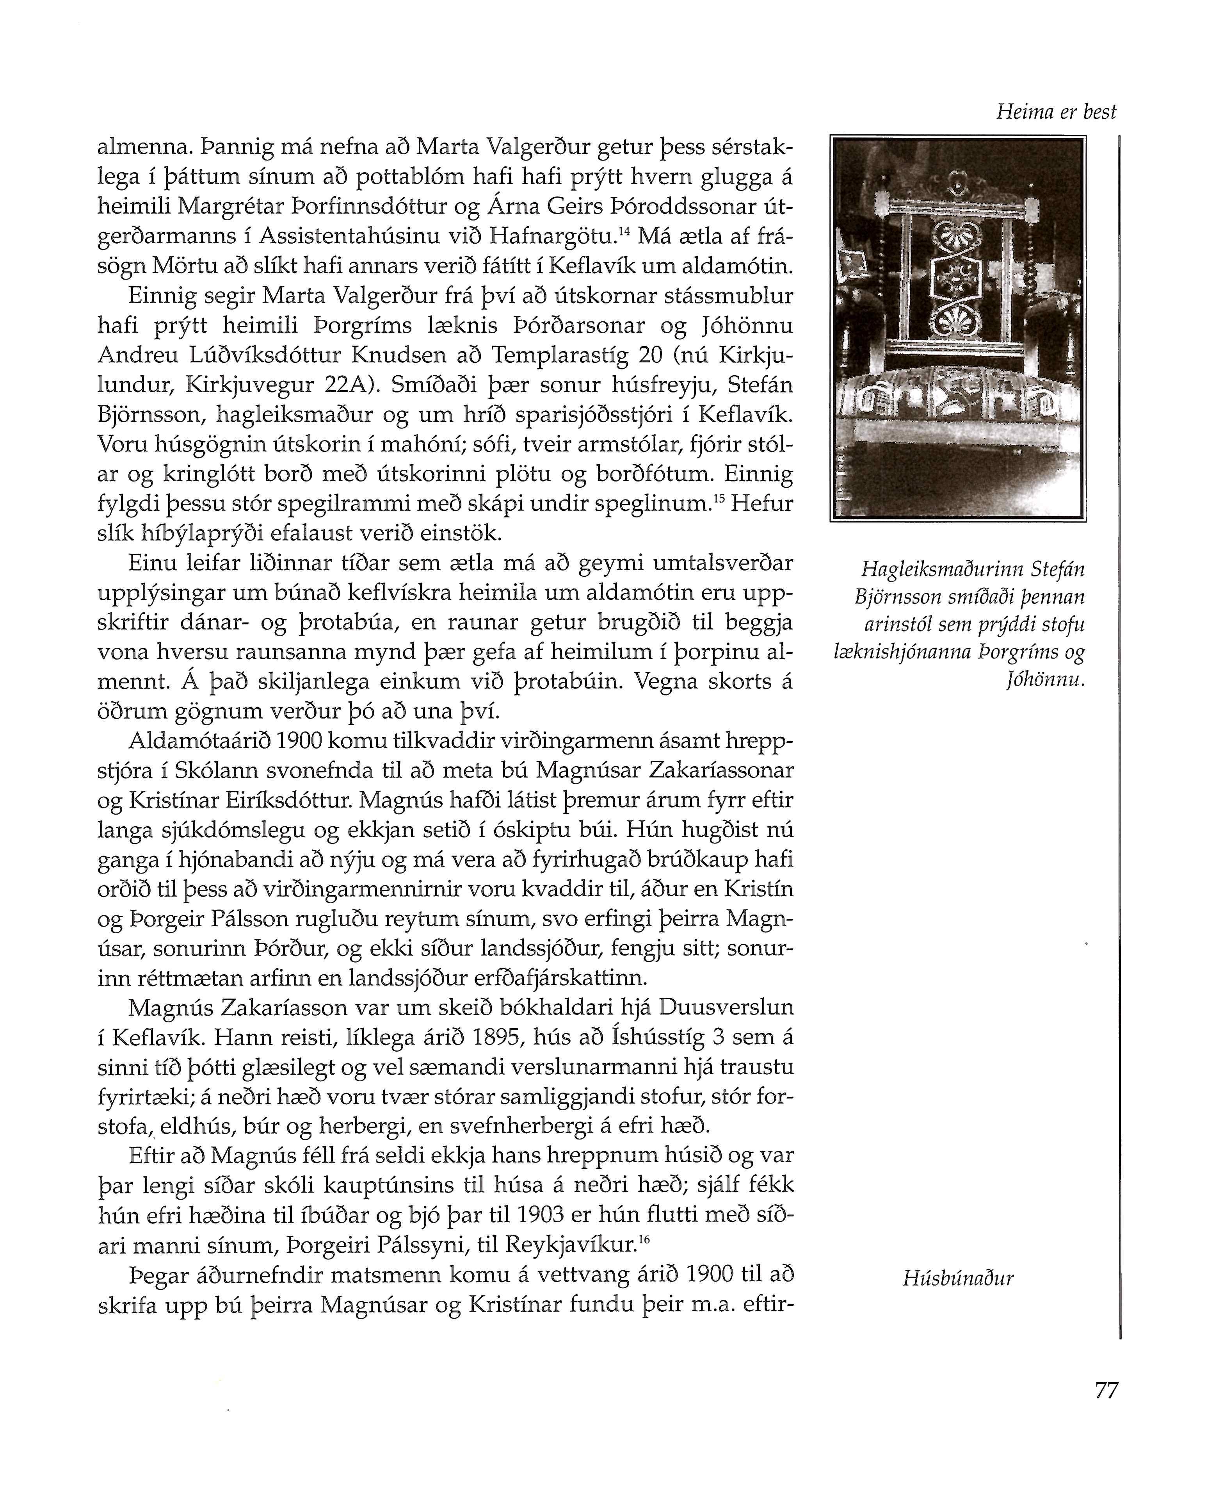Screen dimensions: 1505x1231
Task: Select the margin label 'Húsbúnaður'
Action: (958, 1278)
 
